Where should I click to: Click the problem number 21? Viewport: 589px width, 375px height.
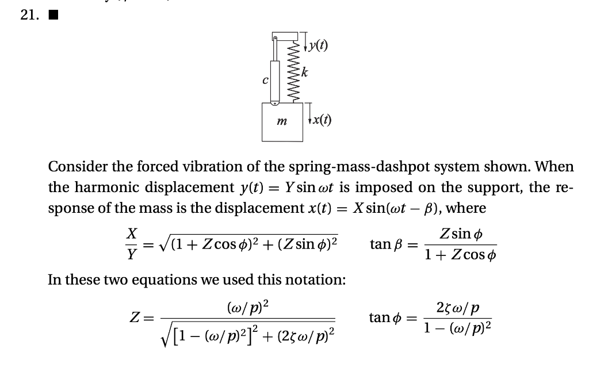tap(28, 16)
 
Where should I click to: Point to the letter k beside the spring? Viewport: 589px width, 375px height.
tap(305, 72)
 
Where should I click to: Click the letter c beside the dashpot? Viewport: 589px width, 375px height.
tap(265, 81)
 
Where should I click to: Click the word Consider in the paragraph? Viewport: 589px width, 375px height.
tap(75, 167)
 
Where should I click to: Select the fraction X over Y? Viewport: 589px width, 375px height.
tap(132, 244)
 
